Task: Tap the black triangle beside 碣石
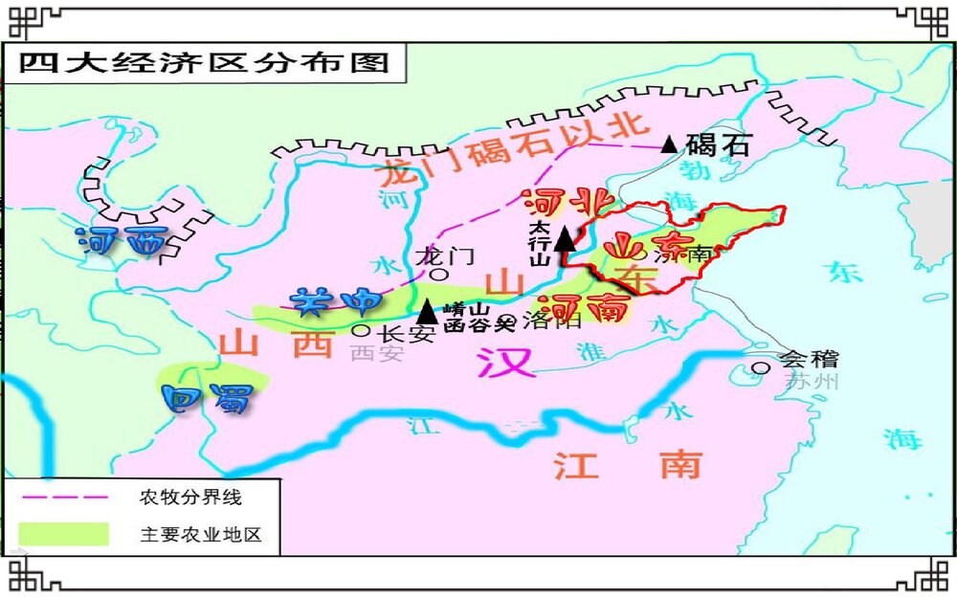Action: click(669, 144)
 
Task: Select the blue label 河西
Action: click(122, 241)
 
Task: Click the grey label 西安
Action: click(377, 354)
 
